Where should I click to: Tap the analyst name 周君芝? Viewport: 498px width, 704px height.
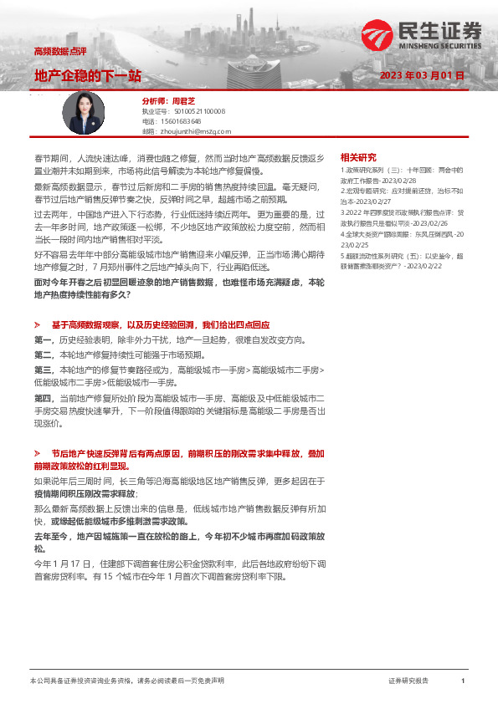coord(182,100)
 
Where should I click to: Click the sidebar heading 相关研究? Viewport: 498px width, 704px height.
coord(358,158)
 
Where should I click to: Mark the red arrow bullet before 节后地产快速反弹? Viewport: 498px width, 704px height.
coord(38,452)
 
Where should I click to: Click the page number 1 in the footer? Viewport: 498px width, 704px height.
coord(462,681)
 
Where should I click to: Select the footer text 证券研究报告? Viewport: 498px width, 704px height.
coord(408,681)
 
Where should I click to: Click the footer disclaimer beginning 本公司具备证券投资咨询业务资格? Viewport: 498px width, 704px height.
coord(126,681)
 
